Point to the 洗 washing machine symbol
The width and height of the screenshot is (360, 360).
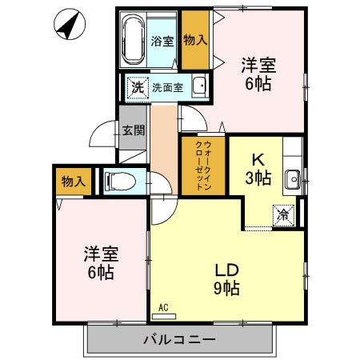coord(137,87)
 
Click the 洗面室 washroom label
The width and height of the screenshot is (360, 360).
coord(168,87)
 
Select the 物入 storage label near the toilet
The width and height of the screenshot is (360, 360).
coord(73,182)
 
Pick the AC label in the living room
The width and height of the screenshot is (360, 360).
coord(162,307)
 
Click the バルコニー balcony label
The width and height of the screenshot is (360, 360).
coord(179,339)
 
